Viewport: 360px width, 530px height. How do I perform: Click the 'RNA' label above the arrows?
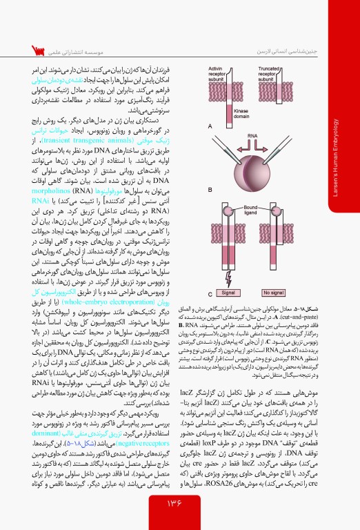(x=254, y=137)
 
